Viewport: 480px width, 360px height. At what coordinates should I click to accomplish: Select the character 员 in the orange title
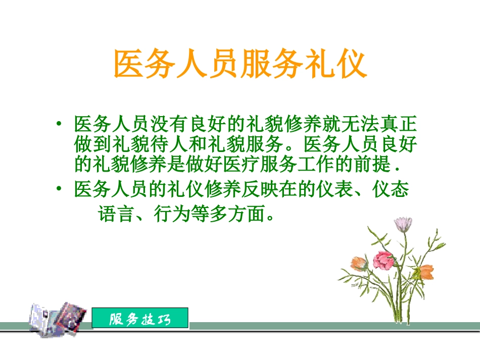tap(223, 65)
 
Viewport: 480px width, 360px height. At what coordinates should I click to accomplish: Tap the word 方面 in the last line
tap(249, 214)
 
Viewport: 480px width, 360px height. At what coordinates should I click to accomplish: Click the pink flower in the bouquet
tap(383, 260)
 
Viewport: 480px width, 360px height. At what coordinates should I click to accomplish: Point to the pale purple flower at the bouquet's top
tap(403, 223)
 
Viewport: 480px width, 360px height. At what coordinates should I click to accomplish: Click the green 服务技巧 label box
tap(140, 319)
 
